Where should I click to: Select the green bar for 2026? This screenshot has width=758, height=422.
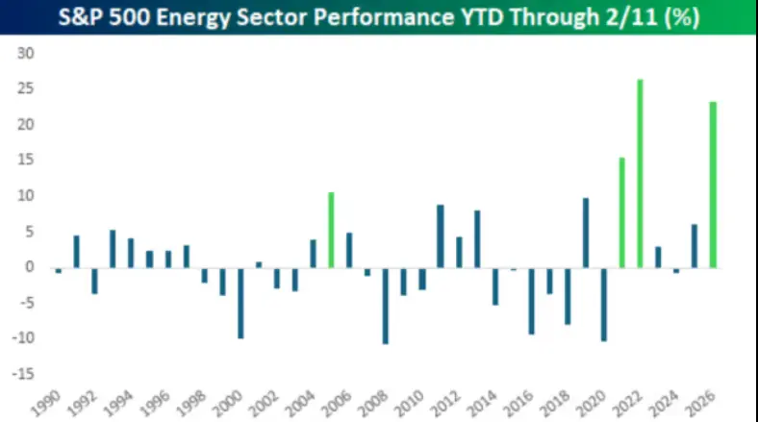(x=713, y=185)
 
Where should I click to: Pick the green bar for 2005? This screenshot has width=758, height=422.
(x=331, y=230)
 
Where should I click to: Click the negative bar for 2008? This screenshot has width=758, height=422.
(x=386, y=305)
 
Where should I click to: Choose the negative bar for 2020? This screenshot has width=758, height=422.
(x=604, y=304)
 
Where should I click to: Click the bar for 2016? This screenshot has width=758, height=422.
(x=531, y=300)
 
